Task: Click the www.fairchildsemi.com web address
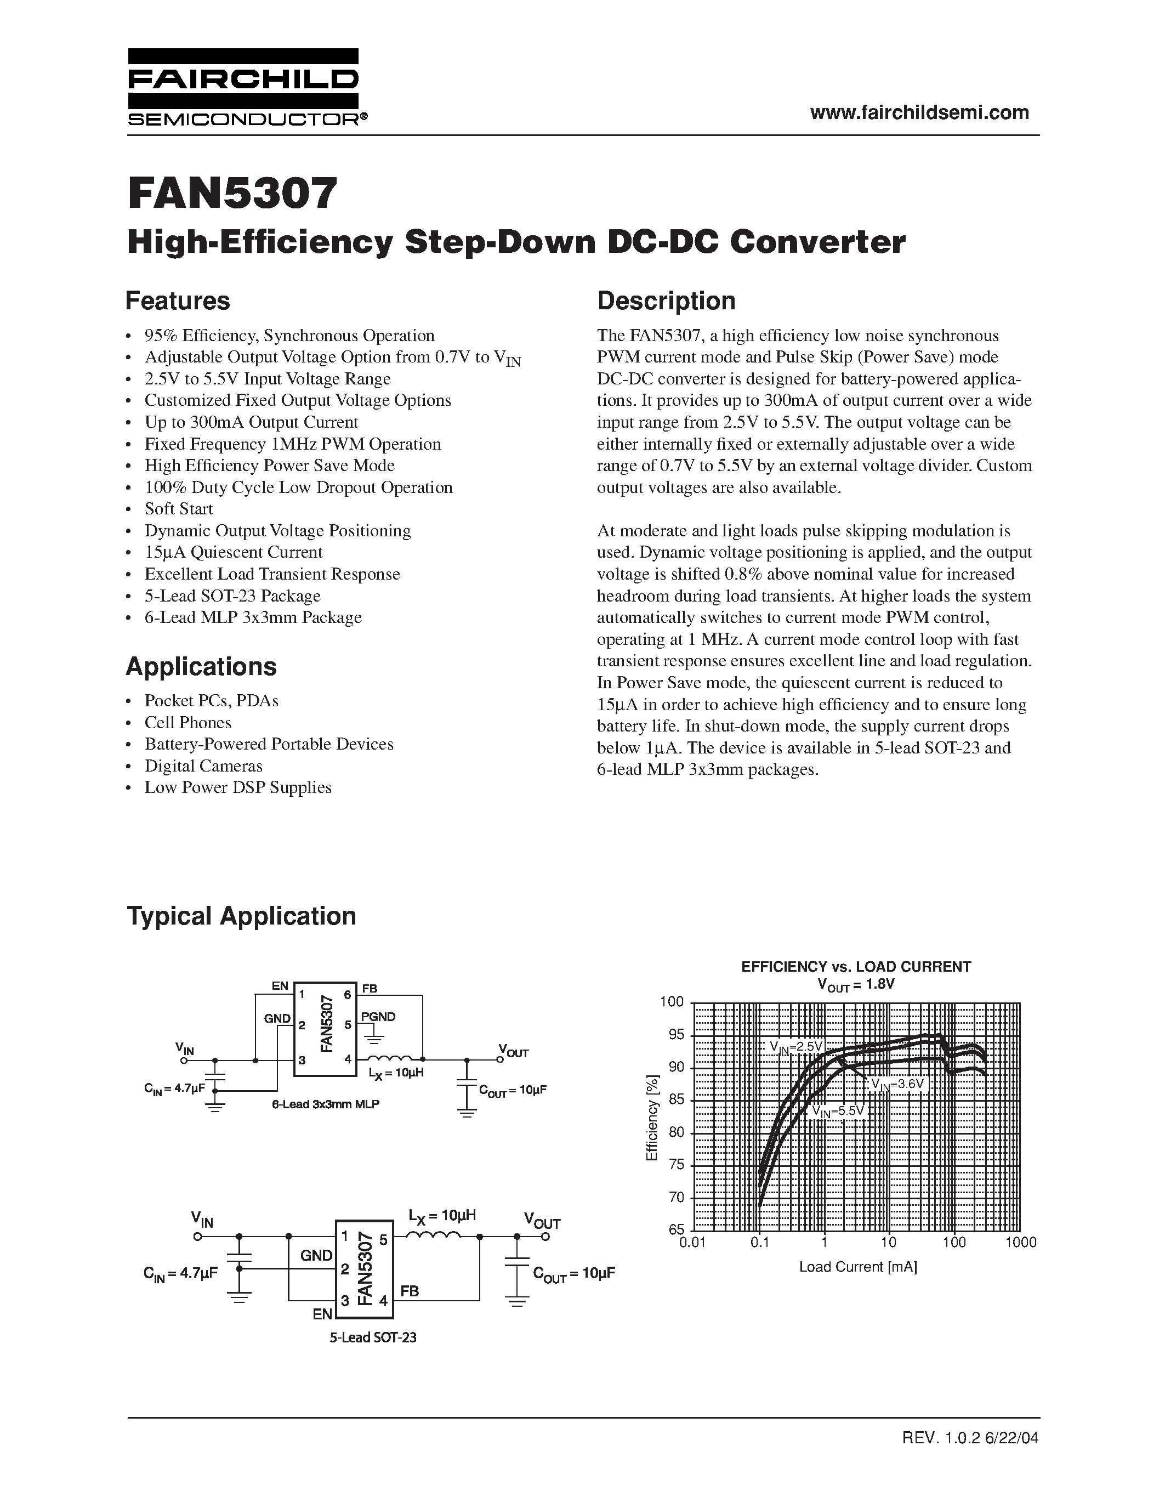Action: tap(919, 112)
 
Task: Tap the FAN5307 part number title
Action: tap(232, 194)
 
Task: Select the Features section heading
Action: tap(178, 301)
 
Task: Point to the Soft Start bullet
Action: tap(178, 509)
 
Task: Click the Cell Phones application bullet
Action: tap(187, 722)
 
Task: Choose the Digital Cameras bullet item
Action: tap(203, 766)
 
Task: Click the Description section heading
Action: tap(666, 301)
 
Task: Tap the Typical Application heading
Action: tap(242, 916)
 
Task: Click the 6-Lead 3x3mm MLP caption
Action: tap(325, 1104)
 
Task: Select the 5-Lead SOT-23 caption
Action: tap(373, 1337)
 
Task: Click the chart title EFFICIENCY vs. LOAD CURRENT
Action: tap(856, 967)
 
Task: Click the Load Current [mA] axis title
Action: tap(858, 1267)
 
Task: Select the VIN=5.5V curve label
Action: tap(837, 1112)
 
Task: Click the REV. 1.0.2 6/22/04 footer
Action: tap(970, 1438)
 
